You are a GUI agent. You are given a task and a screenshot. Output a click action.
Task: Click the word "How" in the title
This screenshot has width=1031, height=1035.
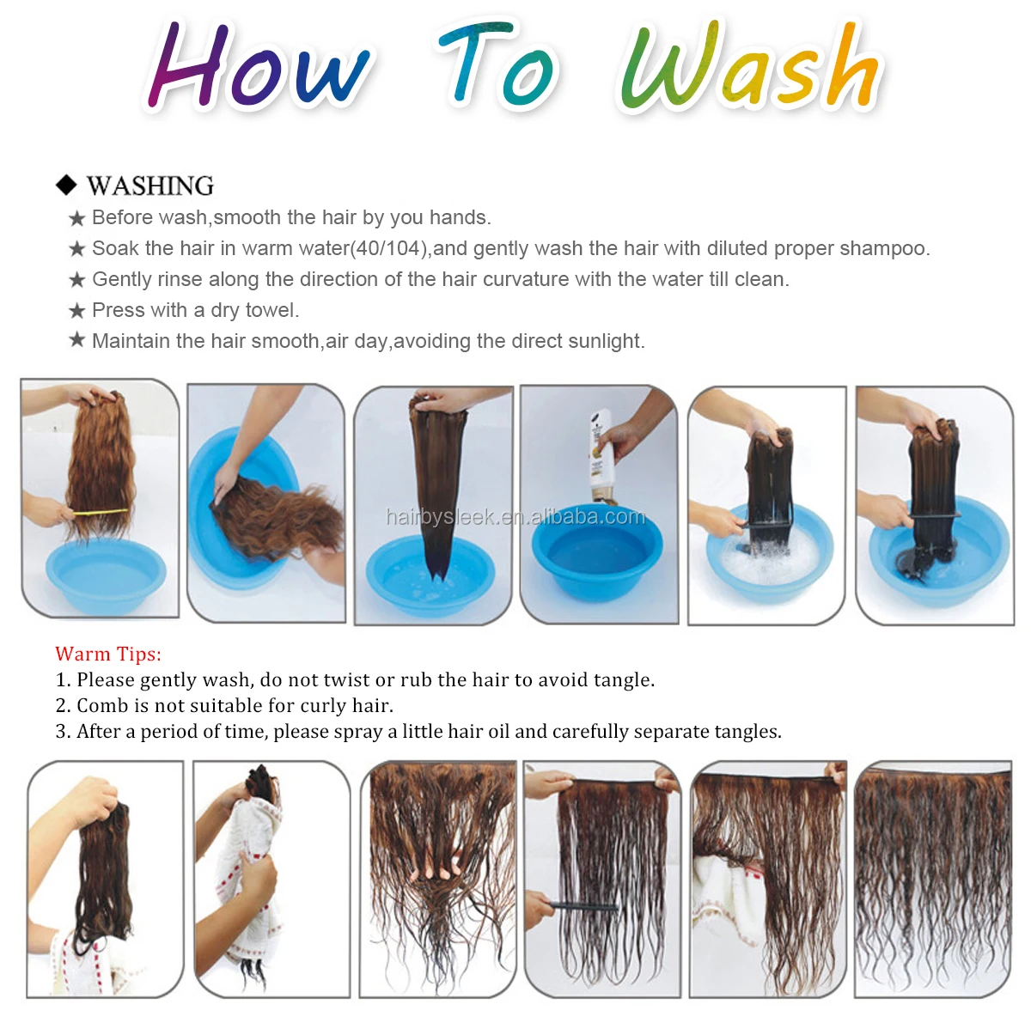(x=258, y=64)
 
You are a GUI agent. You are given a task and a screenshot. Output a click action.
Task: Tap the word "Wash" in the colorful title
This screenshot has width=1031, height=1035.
(x=749, y=64)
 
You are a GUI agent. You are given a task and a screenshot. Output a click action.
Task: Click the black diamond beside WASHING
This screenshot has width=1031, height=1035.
(x=66, y=185)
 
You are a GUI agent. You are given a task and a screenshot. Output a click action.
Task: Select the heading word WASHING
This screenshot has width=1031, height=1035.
(x=150, y=186)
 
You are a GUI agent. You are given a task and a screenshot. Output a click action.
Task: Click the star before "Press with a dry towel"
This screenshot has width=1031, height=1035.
(x=77, y=310)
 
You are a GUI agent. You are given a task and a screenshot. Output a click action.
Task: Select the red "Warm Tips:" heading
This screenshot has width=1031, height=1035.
(x=108, y=654)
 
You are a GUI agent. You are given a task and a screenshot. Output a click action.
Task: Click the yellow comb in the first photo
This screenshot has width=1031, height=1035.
(x=100, y=512)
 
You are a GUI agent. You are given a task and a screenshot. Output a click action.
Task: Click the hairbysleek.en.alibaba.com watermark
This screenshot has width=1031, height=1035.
(x=515, y=517)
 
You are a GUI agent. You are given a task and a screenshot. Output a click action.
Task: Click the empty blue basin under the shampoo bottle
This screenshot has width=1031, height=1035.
(x=597, y=552)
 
